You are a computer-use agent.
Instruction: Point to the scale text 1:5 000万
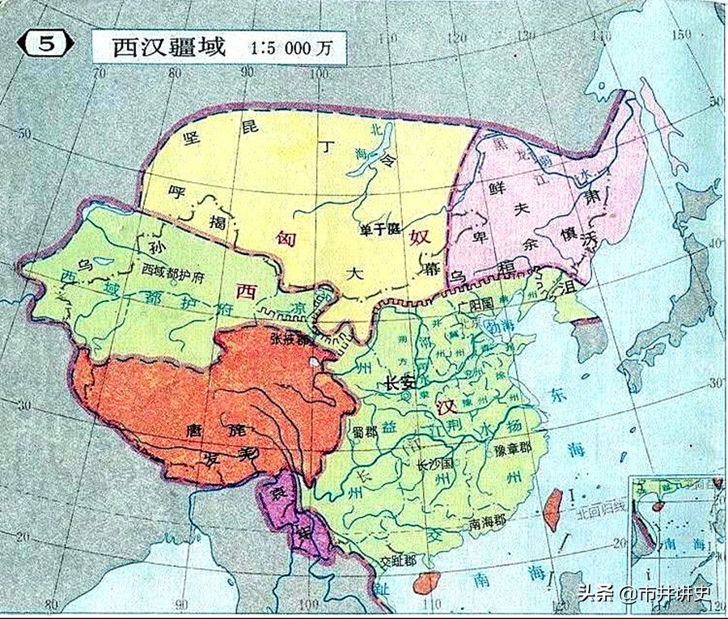coord(291,47)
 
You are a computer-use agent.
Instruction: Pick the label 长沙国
coord(434,465)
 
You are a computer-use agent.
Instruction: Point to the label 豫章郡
coord(507,447)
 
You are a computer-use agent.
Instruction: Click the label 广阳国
coord(475,307)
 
